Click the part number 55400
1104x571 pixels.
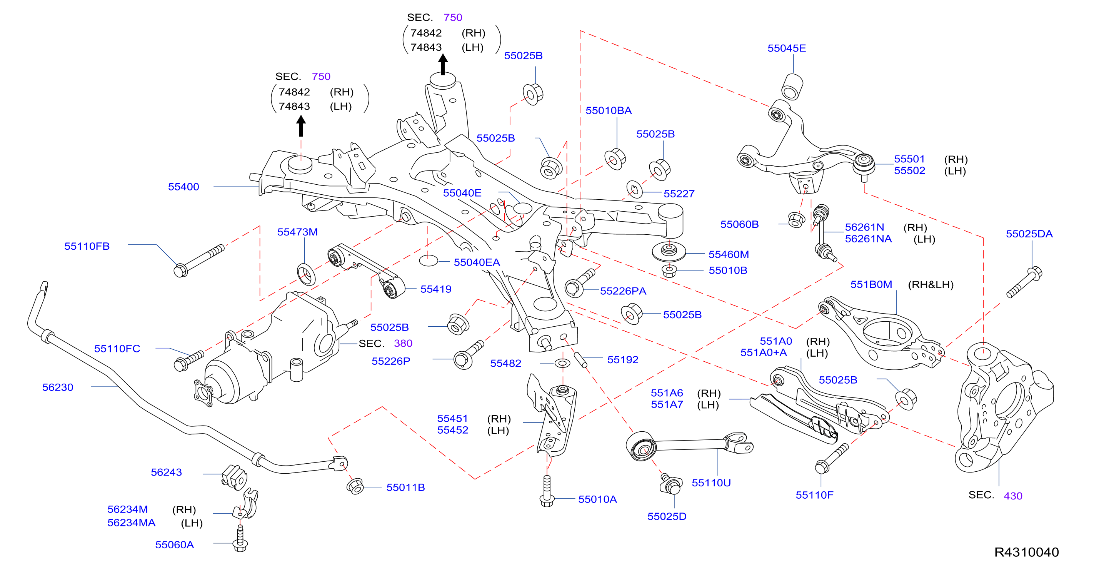pyautogui.click(x=183, y=187)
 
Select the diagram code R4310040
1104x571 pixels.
pyautogui.click(x=1026, y=552)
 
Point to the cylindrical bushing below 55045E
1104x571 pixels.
pyautogui.click(x=792, y=87)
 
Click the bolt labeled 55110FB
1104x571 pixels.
pyautogui.click(x=199, y=260)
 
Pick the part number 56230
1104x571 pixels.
pyautogui.click(x=57, y=387)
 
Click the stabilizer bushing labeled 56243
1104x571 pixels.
pyautogui.click(x=234, y=477)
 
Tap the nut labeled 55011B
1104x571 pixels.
pyautogui.click(x=355, y=487)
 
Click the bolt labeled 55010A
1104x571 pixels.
pyautogui.click(x=547, y=491)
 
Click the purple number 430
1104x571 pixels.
pyautogui.click(x=1013, y=496)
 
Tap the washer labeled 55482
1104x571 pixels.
pyautogui.click(x=562, y=364)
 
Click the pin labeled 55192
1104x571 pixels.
pyautogui.click(x=580, y=360)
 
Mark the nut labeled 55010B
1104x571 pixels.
pyautogui.click(x=669, y=271)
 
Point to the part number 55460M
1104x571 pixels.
pyautogui.click(x=729, y=255)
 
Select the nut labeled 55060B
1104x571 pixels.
pyautogui.click(x=796, y=220)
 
